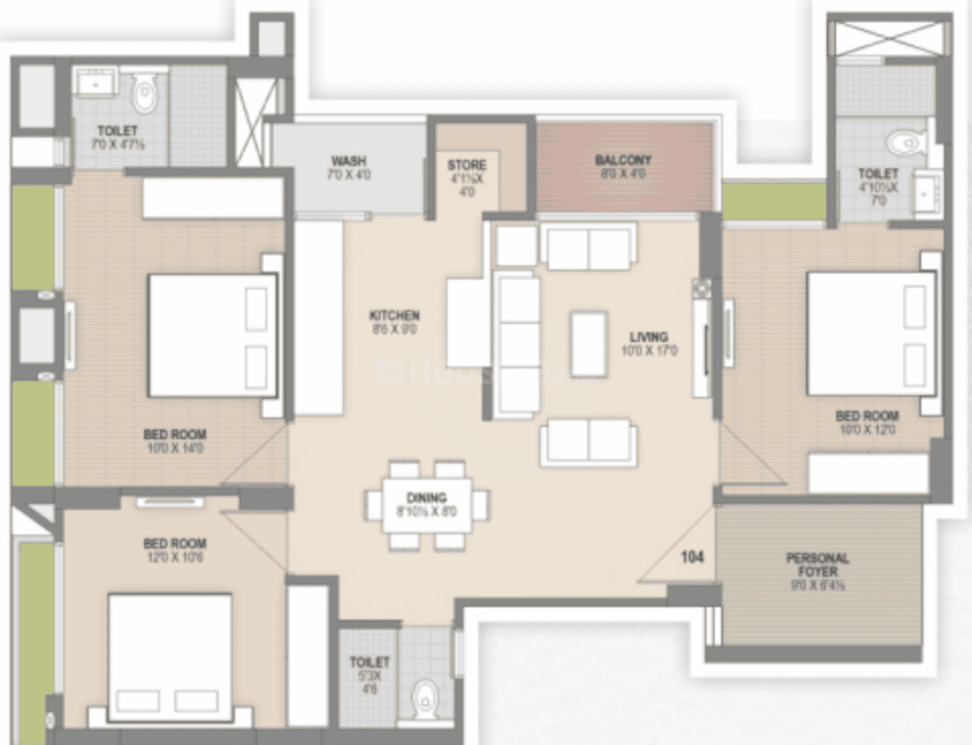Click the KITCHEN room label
click(x=394, y=315)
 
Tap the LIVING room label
click(x=649, y=337)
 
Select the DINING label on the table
click(x=427, y=498)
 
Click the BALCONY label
click(x=623, y=161)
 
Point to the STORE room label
click(x=467, y=165)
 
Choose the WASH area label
click(x=349, y=161)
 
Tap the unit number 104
click(x=692, y=558)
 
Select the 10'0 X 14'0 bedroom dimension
click(x=175, y=449)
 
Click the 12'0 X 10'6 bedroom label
click(x=175, y=558)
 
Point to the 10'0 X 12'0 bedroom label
click(x=867, y=430)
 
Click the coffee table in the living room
click(x=589, y=344)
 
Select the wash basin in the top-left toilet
click(x=92, y=85)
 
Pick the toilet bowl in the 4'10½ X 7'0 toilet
click(x=904, y=141)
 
